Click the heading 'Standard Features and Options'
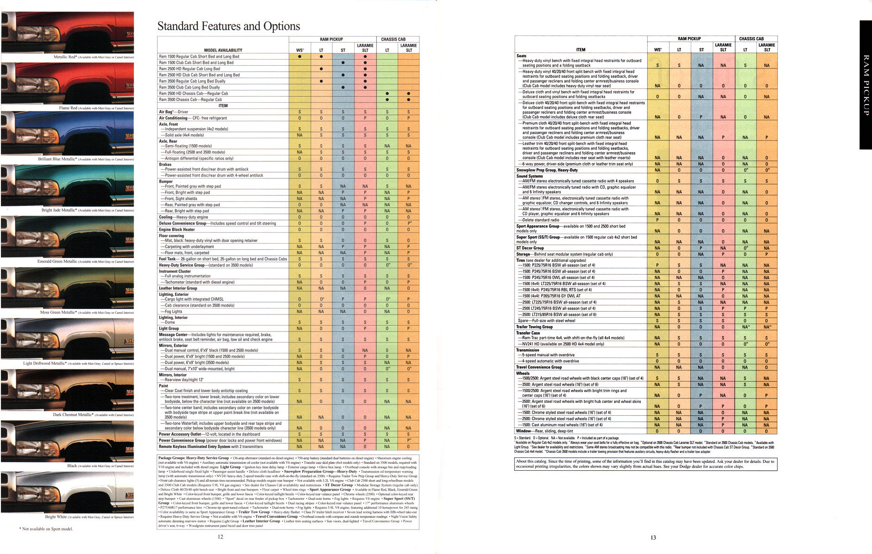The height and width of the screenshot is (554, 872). coord(228,26)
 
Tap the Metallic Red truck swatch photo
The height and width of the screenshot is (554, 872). coord(68,32)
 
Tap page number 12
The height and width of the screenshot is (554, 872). coord(221,537)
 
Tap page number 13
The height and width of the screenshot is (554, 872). coord(653,537)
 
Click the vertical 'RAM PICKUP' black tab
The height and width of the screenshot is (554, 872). coord(865,85)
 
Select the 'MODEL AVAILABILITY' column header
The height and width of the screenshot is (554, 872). coord(223,50)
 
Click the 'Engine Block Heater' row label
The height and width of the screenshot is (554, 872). coord(177,229)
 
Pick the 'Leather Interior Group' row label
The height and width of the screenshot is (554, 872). coord(178,288)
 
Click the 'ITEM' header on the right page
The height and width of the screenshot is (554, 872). coord(581,49)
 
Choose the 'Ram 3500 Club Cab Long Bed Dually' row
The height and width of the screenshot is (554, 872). coord(190,87)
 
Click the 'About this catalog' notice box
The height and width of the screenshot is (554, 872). coord(645,464)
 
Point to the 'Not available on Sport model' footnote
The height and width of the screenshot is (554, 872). coord(46,529)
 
